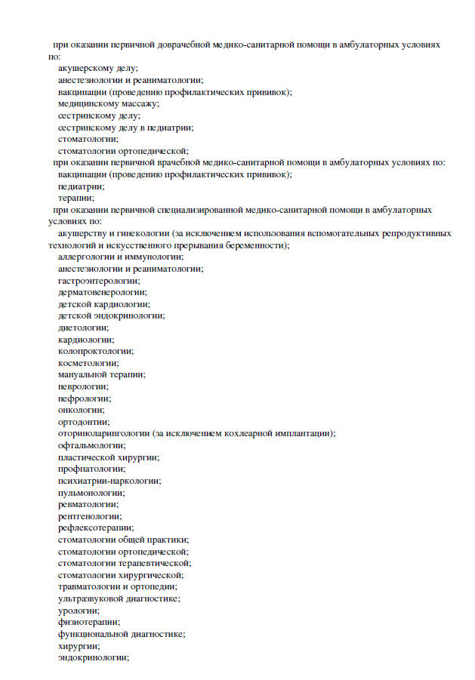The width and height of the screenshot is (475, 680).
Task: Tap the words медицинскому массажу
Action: point(109,103)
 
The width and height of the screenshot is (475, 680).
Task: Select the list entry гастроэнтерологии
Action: point(98,280)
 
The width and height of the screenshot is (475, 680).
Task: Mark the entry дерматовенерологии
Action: point(102,292)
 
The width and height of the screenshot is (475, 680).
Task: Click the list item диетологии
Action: point(83,328)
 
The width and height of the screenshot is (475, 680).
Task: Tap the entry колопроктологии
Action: point(96,351)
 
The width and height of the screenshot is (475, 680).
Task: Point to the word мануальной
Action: point(82,374)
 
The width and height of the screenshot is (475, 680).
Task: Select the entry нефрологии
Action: point(84,398)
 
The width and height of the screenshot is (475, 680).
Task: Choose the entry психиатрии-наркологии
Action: point(109,480)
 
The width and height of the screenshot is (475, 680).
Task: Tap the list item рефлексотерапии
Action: point(95,528)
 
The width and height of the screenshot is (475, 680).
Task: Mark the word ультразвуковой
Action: point(88,598)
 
